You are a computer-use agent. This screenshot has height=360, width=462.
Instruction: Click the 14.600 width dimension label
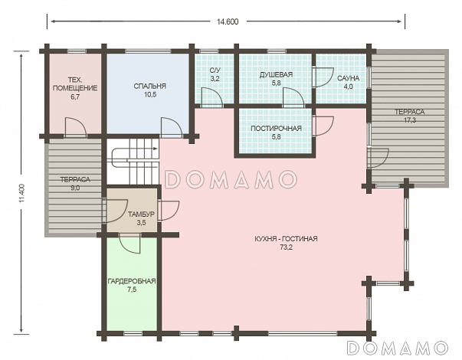[x=228, y=21]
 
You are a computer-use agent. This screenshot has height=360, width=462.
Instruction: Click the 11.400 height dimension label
[x=21, y=193]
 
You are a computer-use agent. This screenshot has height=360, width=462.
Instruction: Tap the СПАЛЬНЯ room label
[x=149, y=86]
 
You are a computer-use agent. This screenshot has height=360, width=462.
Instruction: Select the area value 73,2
[x=286, y=247]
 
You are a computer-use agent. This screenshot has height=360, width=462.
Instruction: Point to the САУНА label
[x=349, y=78]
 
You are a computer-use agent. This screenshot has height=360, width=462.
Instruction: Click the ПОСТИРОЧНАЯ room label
[x=276, y=129]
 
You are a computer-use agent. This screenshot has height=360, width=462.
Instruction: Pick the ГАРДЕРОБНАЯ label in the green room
[x=132, y=281]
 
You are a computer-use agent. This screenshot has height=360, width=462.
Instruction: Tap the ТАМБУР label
[x=141, y=214]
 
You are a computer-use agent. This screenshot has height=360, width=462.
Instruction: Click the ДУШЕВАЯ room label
[x=276, y=74]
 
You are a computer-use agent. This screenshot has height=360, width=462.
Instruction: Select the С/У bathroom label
[x=215, y=70]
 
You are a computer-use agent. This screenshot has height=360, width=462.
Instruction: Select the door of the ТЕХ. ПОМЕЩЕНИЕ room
[x=75, y=127]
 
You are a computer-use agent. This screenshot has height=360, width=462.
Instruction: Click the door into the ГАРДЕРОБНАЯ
[x=130, y=243]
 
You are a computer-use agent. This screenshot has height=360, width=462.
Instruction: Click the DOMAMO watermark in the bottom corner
[x=398, y=348]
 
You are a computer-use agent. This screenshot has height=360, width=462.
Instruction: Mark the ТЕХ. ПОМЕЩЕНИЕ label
[x=75, y=84]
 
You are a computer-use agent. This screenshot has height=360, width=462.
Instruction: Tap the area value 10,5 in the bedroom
[x=149, y=95]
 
